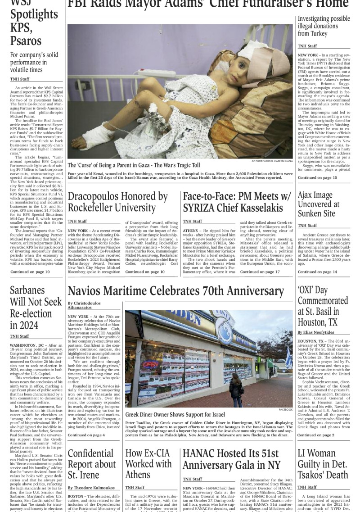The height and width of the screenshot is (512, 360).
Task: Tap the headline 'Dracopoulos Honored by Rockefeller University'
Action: tap(117, 202)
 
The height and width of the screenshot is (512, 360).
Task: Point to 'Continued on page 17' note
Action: tap(260, 272)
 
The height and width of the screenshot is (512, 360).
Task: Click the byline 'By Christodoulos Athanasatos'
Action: tap(84, 306)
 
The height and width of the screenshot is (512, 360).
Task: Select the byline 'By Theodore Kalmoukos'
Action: tap(91, 488)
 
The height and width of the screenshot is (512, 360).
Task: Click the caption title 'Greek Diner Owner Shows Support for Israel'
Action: tap(175, 414)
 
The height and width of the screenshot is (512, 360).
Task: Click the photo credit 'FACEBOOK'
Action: tap(285, 410)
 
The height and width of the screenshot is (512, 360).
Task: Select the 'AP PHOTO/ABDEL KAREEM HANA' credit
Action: tap(272, 161)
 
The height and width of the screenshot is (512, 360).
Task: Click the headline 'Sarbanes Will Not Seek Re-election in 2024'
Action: tap(31, 307)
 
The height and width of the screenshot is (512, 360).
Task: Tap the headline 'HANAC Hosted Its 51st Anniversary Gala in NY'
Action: tap(231, 459)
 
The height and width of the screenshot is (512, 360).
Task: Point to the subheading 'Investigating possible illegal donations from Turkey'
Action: tap(324, 26)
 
